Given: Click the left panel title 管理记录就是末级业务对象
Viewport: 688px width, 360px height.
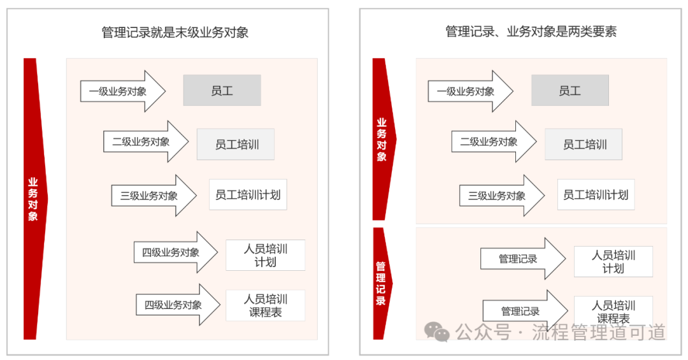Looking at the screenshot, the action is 175,32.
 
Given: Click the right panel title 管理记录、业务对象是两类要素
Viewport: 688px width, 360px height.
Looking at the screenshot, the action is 531,32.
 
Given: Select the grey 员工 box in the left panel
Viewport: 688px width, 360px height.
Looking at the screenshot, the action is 222,90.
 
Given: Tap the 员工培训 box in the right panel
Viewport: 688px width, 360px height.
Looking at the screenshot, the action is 584,144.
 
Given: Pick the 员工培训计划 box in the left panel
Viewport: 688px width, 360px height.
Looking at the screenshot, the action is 248,194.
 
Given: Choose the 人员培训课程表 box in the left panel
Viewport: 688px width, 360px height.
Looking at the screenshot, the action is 266,306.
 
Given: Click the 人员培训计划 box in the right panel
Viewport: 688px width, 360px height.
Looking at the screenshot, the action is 613,262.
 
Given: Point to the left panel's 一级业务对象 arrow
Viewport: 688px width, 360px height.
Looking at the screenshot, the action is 123,91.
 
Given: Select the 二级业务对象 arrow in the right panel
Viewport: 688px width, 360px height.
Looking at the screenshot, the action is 494,142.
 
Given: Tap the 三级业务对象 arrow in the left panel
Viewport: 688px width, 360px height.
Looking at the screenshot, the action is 154,196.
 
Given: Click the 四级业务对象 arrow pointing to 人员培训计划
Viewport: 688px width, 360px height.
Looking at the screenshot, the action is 176,252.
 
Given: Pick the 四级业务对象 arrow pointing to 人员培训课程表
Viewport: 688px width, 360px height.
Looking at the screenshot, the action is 178,305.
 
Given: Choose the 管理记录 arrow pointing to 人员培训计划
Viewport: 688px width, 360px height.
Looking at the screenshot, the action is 524,259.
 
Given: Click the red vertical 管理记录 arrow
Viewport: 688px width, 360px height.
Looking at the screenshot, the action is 382,284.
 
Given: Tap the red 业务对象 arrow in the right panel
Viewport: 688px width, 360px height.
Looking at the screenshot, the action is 383,139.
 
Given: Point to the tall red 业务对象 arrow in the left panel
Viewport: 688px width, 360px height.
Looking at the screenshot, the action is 34,199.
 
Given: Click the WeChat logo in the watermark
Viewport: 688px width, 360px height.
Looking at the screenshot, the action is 436,331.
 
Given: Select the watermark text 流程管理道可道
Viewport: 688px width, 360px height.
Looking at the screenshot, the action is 599,333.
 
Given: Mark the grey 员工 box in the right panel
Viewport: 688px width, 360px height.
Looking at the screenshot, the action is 570,90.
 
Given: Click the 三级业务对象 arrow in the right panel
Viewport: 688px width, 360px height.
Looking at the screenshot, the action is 502,196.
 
